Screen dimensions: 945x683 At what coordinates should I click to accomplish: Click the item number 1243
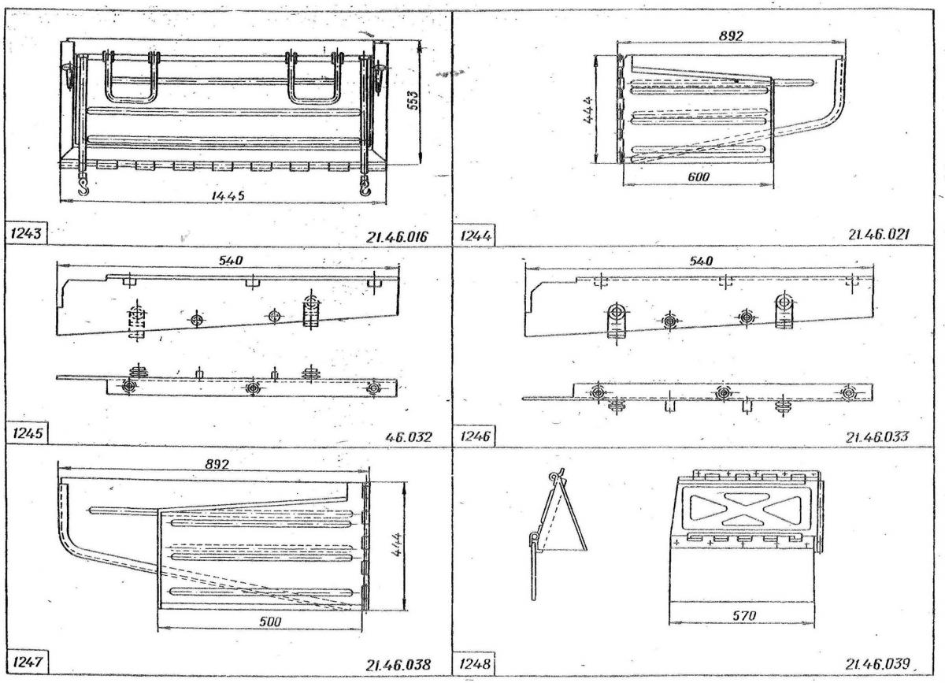[26, 233]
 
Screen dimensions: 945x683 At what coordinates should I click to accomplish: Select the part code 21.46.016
[397, 237]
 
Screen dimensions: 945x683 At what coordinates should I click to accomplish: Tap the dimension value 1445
[228, 195]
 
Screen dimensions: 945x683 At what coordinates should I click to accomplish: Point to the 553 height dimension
[414, 101]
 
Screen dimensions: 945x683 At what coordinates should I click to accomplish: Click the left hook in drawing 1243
[84, 186]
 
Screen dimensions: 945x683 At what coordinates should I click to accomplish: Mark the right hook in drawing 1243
[365, 186]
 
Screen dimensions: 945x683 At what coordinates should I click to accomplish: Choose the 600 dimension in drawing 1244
[699, 177]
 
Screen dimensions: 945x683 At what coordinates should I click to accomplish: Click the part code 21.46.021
[879, 234]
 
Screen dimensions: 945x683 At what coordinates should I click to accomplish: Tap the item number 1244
[476, 236]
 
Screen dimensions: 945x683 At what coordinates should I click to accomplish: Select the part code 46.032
[409, 437]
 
